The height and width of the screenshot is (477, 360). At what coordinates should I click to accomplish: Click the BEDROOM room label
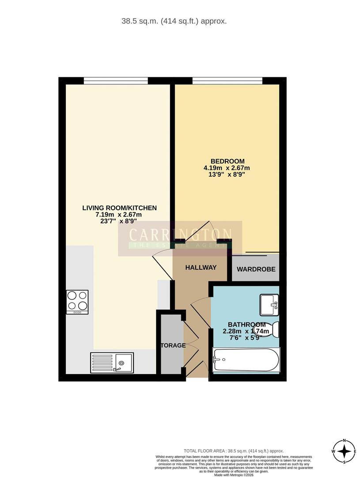tap(227, 161)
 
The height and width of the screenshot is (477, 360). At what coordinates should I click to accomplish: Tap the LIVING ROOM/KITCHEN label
tap(120, 208)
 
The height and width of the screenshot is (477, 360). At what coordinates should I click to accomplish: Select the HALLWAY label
tap(201, 267)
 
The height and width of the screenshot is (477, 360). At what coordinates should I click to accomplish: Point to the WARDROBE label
tap(256, 269)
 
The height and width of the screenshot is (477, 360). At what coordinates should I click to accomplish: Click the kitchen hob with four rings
tap(77, 302)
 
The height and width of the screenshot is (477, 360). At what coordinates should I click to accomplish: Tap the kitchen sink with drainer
tap(112, 363)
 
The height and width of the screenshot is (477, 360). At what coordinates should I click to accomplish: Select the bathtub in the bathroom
tap(246, 360)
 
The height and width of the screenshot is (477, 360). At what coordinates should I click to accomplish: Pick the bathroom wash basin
tap(269, 305)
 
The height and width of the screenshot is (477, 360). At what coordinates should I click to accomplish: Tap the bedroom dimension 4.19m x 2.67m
tap(227, 168)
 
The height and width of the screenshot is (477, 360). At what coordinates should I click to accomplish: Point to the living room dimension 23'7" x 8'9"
tap(120, 222)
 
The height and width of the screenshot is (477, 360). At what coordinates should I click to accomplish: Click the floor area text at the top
tap(174, 21)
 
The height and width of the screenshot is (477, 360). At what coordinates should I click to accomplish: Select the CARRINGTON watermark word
tap(180, 234)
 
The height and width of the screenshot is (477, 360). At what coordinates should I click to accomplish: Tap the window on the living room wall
tap(116, 80)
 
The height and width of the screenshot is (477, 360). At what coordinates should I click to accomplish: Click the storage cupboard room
tap(171, 344)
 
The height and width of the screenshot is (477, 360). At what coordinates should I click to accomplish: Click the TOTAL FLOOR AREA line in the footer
tap(234, 451)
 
